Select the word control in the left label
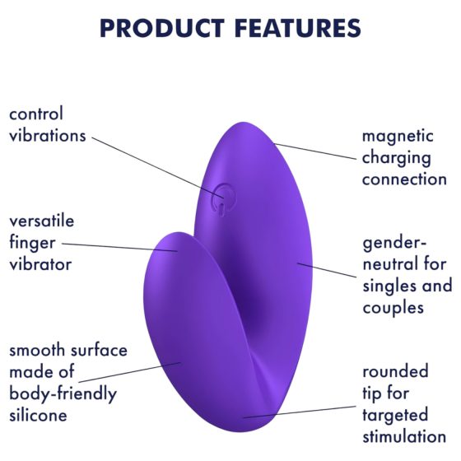(x=35, y=114)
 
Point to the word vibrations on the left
(x=47, y=136)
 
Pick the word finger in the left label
(x=30, y=243)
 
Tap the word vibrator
(x=39, y=264)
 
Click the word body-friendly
(x=63, y=393)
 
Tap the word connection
(x=404, y=179)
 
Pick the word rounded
(x=395, y=373)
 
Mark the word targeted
(x=396, y=415)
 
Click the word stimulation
(x=404, y=436)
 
